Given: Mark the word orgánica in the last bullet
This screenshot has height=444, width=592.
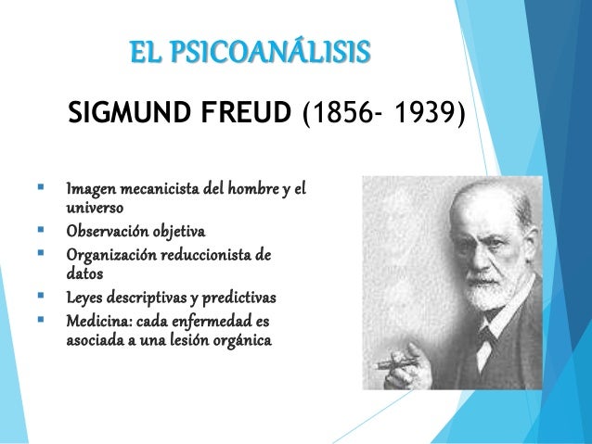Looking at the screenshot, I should pos(238,342).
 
